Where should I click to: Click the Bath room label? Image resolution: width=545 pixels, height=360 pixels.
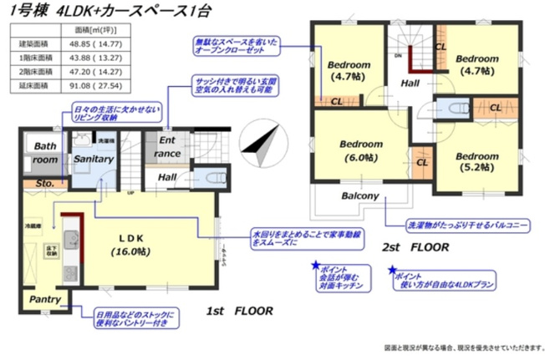tap(45, 152)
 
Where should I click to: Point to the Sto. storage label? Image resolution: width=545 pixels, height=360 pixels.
tap(43, 182)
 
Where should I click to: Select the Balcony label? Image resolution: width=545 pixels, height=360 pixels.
tap(360, 197)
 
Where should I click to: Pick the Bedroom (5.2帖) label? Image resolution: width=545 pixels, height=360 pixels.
tap(466, 162)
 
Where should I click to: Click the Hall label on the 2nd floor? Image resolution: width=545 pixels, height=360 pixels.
tap(410, 84)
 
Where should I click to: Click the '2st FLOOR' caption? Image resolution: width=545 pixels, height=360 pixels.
tap(415, 248)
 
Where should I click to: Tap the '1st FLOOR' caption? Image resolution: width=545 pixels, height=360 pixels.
tap(239, 311)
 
